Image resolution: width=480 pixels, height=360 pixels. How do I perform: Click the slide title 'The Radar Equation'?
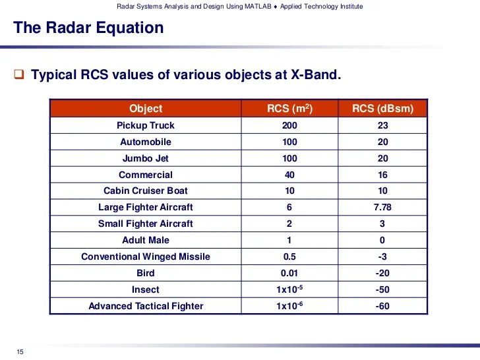(88, 28)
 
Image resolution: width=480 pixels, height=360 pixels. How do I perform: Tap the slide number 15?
(19, 352)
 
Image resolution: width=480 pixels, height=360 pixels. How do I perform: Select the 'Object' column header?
(146, 109)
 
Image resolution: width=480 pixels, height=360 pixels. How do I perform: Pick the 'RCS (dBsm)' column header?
(382, 109)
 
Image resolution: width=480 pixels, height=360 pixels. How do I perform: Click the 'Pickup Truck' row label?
(146, 125)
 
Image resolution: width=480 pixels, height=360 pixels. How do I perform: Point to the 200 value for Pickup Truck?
(289, 125)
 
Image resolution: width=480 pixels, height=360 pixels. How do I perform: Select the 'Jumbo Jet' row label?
(146, 158)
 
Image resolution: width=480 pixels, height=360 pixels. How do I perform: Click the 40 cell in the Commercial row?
(289, 175)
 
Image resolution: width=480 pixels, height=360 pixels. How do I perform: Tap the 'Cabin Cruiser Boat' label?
(146, 191)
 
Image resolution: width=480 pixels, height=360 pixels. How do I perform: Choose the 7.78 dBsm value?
(382, 207)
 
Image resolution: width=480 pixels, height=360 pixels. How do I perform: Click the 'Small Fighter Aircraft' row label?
(146, 224)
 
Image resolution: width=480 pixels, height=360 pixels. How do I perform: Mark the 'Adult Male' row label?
(146, 240)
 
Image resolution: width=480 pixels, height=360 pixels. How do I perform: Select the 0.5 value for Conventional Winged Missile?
(289, 256)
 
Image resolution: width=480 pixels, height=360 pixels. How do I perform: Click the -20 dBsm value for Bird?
(382, 273)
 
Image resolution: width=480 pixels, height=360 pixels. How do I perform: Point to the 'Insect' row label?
(146, 289)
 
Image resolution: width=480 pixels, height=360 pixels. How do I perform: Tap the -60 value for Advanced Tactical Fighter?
(382, 306)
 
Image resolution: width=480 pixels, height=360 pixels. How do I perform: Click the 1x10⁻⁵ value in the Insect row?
(289, 289)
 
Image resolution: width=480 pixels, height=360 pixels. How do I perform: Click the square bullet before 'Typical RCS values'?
(19, 75)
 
